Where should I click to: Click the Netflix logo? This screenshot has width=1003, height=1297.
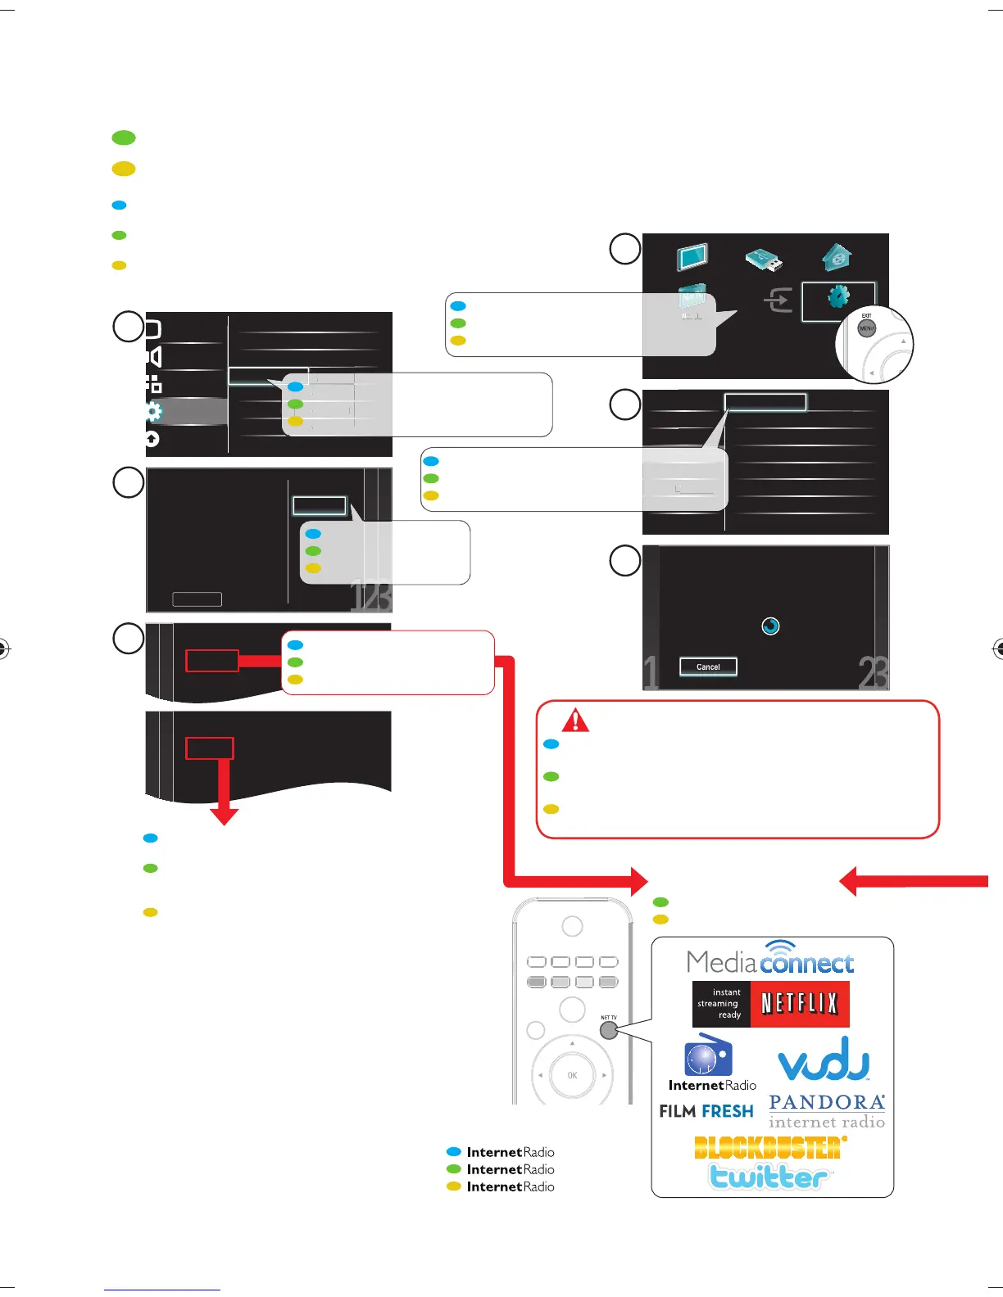(x=770, y=1004)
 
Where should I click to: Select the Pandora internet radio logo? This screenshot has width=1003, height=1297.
(x=827, y=1112)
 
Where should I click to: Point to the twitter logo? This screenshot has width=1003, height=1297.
(x=769, y=1176)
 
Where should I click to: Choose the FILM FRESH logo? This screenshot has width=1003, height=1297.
(x=706, y=1111)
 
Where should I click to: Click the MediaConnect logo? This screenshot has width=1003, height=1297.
(x=770, y=960)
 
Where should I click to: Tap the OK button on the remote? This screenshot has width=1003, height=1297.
(x=572, y=1075)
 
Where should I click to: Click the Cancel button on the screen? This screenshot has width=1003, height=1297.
(x=708, y=667)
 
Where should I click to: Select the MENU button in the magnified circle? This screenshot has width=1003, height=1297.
(x=866, y=328)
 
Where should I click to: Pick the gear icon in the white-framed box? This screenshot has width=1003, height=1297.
(x=838, y=296)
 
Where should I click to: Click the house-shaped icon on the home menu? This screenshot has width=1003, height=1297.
(x=837, y=258)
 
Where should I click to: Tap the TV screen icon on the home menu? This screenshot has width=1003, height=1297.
(x=692, y=257)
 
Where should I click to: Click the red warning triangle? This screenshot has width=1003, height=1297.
(x=576, y=720)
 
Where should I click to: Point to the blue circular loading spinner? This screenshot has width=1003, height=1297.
(x=770, y=626)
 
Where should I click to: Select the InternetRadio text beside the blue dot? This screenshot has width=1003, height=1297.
(x=511, y=1152)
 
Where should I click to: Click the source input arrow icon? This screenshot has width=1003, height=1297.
(x=778, y=301)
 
